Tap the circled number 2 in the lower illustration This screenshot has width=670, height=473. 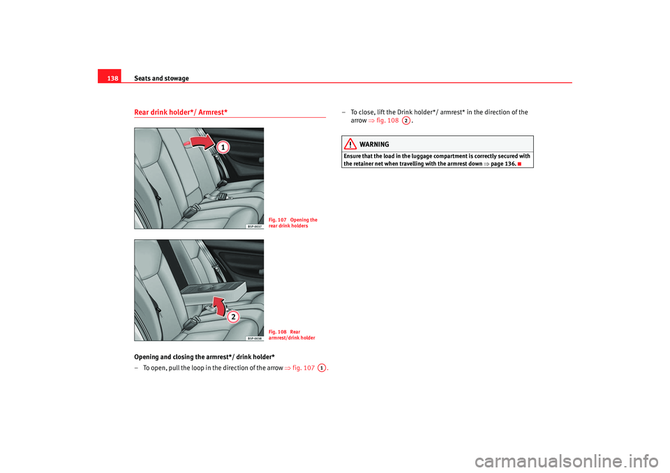(232, 317)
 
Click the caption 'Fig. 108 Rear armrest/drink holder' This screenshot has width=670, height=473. (292, 335)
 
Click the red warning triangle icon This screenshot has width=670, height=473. (350, 144)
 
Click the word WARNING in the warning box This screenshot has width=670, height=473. (375, 144)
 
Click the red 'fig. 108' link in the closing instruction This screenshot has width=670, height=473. (387, 120)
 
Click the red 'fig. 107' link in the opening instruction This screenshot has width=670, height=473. (300, 368)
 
